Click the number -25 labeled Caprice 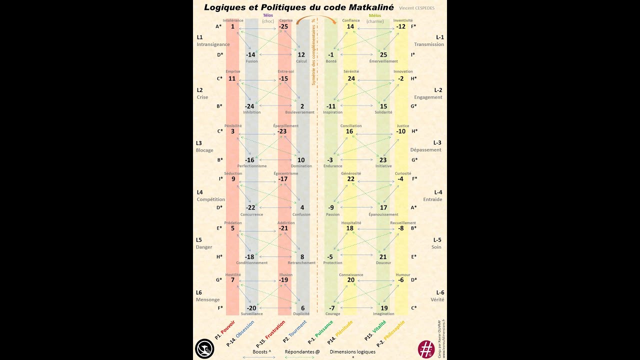283,26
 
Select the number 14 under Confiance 350,26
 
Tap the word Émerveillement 383,61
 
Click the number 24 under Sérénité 351,78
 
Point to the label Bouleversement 300,112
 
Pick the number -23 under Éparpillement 282,131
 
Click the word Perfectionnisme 251,166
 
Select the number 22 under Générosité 350,179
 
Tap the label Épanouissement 383,214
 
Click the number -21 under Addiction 283,228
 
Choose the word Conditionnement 251,263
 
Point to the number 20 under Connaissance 350,280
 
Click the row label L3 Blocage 204,146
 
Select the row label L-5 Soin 436,243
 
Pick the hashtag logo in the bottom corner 426,348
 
